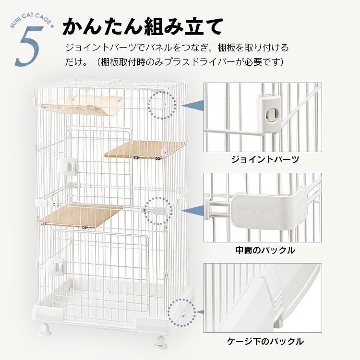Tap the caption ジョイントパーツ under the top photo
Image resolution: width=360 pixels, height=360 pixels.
[x=265, y=159]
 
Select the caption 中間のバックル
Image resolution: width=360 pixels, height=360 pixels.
[x=265, y=250]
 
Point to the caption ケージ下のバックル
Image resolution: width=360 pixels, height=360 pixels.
[x=265, y=341]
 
